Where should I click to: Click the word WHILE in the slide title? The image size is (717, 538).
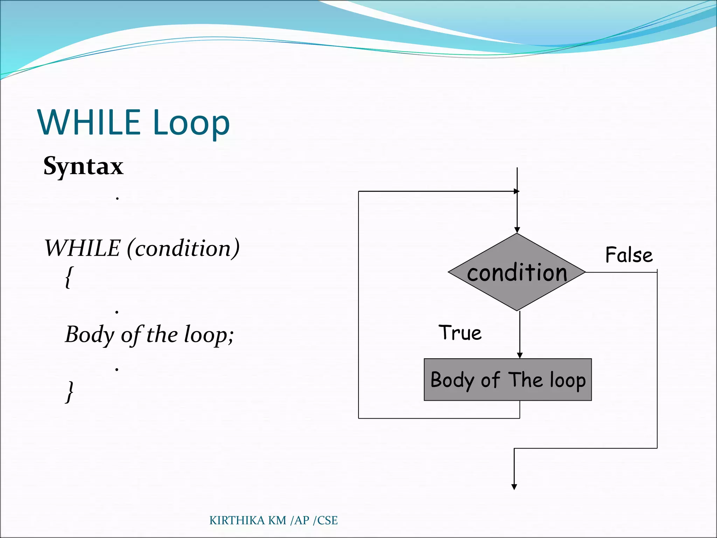click(89, 122)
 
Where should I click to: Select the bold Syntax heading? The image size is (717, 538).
click(83, 166)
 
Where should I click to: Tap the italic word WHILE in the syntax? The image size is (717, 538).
click(83, 248)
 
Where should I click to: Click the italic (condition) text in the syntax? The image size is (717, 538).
click(183, 248)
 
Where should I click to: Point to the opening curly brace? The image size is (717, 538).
click(69, 277)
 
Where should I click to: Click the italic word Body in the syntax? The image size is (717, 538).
click(90, 335)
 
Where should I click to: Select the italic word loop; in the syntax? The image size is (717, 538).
click(209, 335)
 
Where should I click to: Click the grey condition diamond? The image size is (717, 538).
click(517, 273)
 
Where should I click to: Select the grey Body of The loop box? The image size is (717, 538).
click(508, 380)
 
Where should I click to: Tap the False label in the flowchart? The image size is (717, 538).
click(629, 255)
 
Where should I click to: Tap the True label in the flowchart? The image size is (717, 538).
click(460, 333)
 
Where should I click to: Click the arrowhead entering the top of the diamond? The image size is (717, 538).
click(517, 230)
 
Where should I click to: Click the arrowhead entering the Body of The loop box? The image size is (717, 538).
click(520, 356)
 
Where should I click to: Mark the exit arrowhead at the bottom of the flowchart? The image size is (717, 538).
click(514, 487)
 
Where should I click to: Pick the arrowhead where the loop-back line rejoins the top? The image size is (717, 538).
click(516, 191)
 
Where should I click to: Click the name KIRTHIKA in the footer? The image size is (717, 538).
click(237, 520)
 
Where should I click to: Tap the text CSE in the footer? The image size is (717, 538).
click(327, 520)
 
